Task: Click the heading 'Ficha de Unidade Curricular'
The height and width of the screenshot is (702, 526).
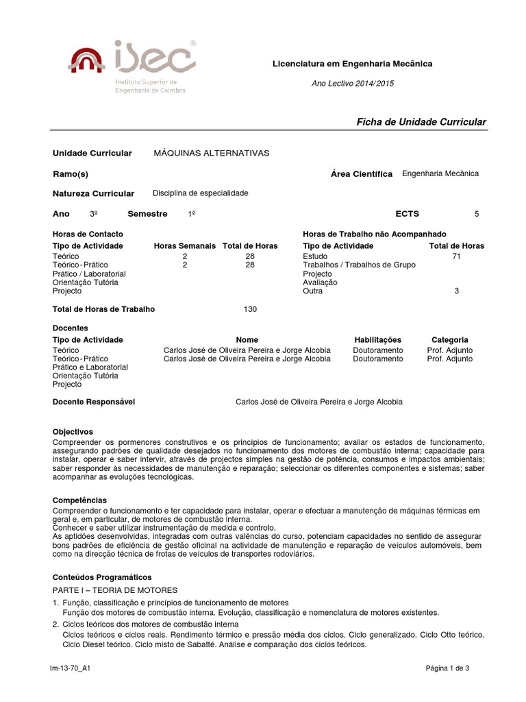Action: pyautogui.click(x=421, y=121)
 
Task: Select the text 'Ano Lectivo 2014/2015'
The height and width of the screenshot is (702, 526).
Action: pyautogui.click(x=353, y=83)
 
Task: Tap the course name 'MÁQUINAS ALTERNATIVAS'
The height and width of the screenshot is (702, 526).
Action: pyautogui.click(x=212, y=153)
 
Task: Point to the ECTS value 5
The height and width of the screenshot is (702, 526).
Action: pyautogui.click(x=477, y=214)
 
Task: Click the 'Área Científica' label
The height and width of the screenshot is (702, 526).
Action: pyautogui.click(x=361, y=174)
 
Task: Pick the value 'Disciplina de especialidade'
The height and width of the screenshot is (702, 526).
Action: pyautogui.click(x=200, y=193)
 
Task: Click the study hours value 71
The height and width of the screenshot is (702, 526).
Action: pyautogui.click(x=457, y=256)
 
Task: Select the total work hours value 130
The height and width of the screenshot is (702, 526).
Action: pyautogui.click(x=250, y=309)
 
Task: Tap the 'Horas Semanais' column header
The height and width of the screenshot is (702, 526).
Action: pyautogui.click(x=185, y=245)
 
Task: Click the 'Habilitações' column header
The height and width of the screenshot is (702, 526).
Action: pyautogui.click(x=378, y=339)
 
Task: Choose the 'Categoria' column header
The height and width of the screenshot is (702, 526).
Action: pyautogui.click(x=450, y=339)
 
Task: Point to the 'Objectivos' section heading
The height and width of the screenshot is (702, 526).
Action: pyautogui.click(x=73, y=432)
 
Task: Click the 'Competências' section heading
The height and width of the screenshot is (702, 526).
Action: pyautogui.click(x=79, y=500)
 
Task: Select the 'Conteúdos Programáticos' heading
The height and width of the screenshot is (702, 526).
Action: pyautogui.click(x=102, y=577)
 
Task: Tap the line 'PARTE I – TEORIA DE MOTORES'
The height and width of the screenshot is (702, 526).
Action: pyautogui.click(x=115, y=590)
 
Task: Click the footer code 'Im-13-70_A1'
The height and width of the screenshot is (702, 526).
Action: pyautogui.click(x=71, y=667)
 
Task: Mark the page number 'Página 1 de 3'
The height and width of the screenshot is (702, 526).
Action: pyautogui.click(x=447, y=667)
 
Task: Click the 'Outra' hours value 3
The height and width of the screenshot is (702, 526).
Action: pyautogui.click(x=457, y=291)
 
